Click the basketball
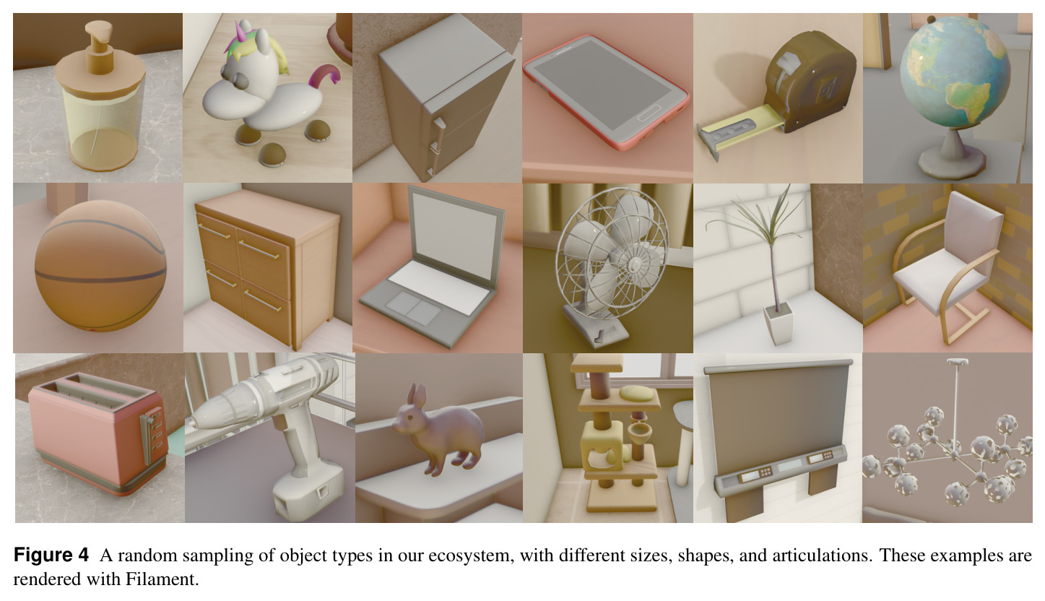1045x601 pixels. (100, 267)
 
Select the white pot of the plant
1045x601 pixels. (778, 323)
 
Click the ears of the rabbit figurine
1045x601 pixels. (416, 397)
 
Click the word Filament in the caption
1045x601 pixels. (162, 579)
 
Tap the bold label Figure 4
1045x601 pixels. (51, 555)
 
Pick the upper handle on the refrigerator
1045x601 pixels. (438, 126)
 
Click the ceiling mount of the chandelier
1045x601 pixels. (958, 361)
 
